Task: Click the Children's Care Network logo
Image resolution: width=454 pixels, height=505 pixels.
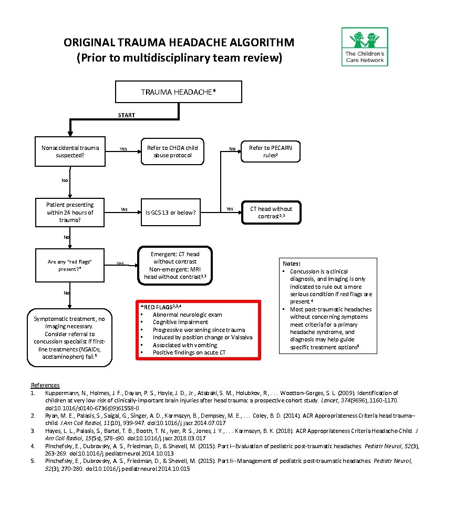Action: (x=365, y=46)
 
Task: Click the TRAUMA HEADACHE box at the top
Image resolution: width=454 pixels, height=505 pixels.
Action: (x=179, y=92)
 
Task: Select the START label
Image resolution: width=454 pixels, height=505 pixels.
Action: (x=126, y=115)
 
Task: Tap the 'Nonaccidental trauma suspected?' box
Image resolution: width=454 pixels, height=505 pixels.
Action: (x=70, y=151)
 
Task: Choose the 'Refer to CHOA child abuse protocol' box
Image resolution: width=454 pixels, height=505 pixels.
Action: (x=172, y=151)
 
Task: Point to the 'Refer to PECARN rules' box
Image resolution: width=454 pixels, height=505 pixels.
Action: (x=270, y=151)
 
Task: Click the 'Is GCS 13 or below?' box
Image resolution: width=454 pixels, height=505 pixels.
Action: (x=170, y=213)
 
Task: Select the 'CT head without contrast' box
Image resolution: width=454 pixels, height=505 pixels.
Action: (x=271, y=213)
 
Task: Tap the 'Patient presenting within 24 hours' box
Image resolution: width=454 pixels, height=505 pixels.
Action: (x=70, y=213)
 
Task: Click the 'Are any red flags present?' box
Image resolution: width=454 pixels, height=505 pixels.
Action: (x=70, y=265)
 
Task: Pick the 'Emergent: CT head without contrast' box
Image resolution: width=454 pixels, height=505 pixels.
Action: (x=175, y=265)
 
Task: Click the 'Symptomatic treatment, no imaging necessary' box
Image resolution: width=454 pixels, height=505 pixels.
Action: (x=69, y=338)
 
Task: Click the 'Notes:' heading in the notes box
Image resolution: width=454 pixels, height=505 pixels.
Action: (x=292, y=264)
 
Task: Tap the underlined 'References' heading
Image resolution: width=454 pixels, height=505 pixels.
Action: (x=45, y=385)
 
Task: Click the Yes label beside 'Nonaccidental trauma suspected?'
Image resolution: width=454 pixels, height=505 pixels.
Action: (x=123, y=149)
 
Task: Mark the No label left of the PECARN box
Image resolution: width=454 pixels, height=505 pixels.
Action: (x=232, y=149)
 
